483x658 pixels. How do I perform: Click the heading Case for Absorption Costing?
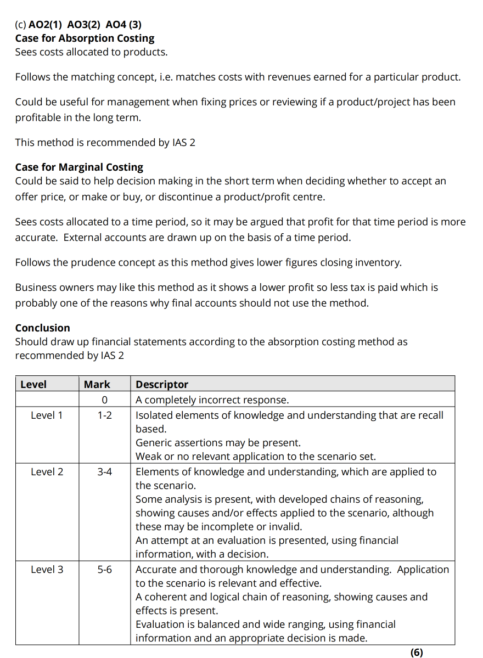(85, 38)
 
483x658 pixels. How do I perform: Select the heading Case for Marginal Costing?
(79, 167)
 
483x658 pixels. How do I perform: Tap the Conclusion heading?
(43, 328)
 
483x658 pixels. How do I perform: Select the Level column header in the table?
(33, 385)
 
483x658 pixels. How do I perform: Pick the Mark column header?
(97, 385)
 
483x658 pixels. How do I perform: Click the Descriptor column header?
(162, 385)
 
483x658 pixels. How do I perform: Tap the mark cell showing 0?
(104, 400)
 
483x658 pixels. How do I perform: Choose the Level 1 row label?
(47, 415)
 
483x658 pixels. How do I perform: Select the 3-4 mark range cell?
(104, 472)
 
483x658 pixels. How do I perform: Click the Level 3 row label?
(47, 570)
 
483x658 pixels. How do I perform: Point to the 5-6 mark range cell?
(104, 570)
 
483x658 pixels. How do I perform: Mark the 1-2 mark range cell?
(104, 415)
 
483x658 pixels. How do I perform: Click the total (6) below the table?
(417, 652)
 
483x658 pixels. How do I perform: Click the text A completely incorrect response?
(212, 400)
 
